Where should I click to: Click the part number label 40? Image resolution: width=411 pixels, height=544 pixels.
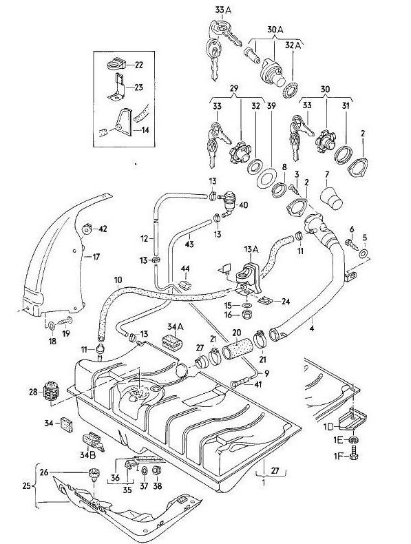pos(243,205)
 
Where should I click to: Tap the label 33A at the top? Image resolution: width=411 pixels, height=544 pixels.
pos(223,10)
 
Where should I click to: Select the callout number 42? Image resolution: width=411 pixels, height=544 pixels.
pos(103,229)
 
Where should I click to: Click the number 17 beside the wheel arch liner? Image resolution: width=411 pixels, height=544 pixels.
pos(96,257)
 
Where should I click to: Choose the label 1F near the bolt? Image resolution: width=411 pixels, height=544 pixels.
pos(339,456)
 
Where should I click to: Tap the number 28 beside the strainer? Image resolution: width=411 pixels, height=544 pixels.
pos(34,392)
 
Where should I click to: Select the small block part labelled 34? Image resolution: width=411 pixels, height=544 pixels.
pos(66,424)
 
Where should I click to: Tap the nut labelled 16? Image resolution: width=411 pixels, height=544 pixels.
pos(247,315)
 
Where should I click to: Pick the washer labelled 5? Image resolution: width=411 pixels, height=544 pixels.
pos(364,253)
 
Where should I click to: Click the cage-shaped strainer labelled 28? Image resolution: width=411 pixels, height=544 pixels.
pos(52,392)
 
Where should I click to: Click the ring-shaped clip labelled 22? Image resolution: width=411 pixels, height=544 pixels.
pos(114,64)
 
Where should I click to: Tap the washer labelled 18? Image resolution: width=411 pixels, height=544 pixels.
pos(52,326)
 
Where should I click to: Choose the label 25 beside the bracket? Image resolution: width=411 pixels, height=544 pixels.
pos(27,485)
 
